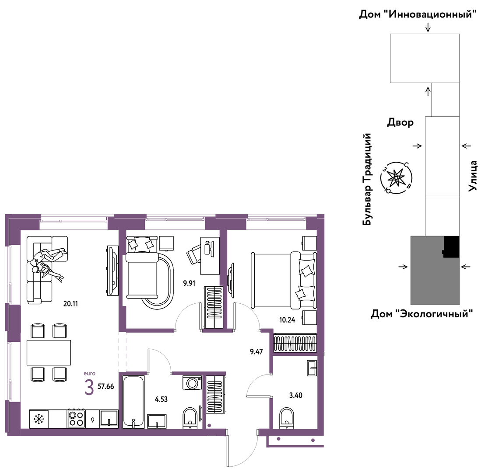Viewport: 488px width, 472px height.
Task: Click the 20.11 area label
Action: click(70, 304)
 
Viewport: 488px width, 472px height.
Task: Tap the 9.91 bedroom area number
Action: click(189, 283)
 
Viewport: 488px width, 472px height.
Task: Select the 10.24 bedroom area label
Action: click(287, 320)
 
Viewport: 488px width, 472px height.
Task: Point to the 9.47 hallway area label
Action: click(256, 352)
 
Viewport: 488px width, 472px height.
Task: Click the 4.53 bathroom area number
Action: click(161, 399)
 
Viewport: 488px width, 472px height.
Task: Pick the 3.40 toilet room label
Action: click(296, 395)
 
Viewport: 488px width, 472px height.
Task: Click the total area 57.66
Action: click(106, 386)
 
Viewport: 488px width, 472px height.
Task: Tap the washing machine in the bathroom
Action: click(192, 382)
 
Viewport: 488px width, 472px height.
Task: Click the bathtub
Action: click(133, 402)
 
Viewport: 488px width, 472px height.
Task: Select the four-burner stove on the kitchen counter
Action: click(76, 419)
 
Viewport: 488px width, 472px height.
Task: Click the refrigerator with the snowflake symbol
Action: click(39, 419)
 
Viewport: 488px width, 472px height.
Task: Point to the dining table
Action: click(49, 352)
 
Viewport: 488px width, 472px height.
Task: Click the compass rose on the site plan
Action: click(397, 178)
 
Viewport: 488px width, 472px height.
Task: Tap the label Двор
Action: click(400, 122)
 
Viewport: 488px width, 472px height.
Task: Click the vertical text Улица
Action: click(472, 176)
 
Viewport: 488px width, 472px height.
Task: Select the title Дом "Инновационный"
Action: click(418, 14)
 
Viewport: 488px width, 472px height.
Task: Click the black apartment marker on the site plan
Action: click(451, 247)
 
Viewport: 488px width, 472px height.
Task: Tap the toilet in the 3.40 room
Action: click(286, 418)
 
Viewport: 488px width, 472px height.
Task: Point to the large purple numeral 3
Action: click(89, 387)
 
